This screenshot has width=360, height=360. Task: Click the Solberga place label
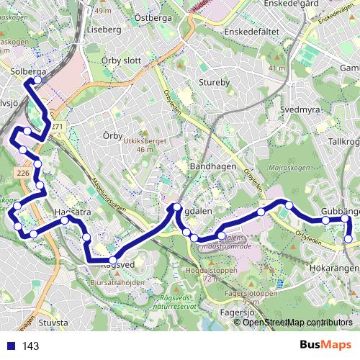29,72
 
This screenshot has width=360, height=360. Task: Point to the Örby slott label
121,60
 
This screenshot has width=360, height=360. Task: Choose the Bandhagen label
208,166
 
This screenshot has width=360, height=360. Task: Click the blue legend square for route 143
11,346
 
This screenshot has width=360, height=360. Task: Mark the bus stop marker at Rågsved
113,260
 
